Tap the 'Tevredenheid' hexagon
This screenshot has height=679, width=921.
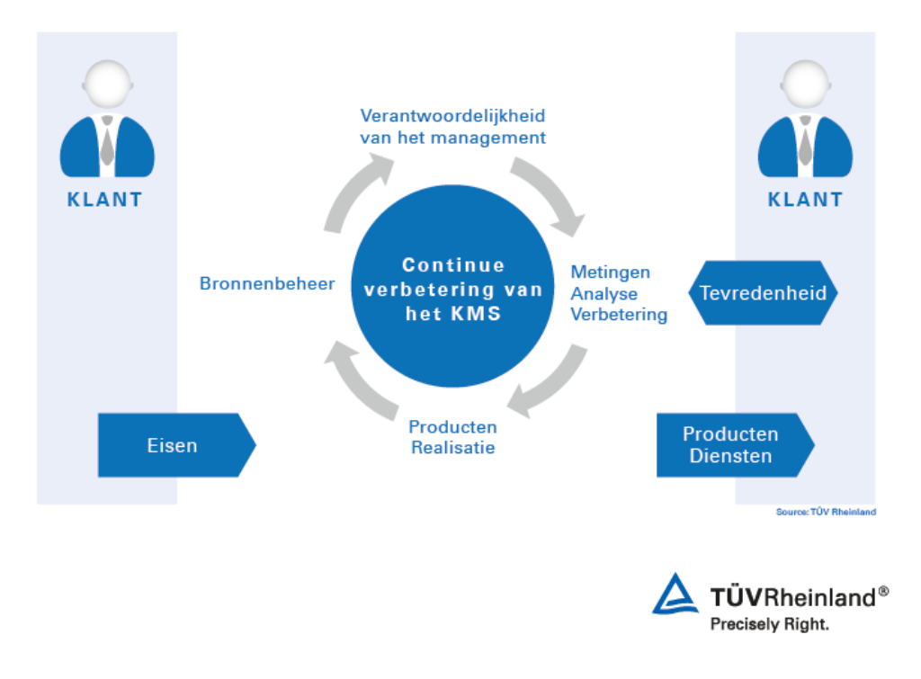click(764, 293)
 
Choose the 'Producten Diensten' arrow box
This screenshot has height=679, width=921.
click(731, 445)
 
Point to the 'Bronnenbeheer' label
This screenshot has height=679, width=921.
click(267, 284)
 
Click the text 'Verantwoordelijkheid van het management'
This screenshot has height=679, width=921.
click(452, 128)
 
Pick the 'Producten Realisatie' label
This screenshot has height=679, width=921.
click(452, 437)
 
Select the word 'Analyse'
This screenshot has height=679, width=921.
click(604, 294)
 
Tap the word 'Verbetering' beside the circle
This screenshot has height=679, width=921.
click(620, 315)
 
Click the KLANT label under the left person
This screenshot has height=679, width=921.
click(105, 200)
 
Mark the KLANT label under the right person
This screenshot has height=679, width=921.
click(806, 200)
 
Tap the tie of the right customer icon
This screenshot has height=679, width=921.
click(805, 145)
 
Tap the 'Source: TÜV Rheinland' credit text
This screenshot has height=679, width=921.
click(826, 513)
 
